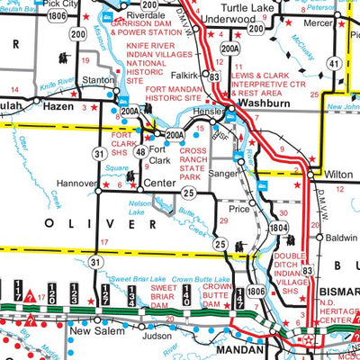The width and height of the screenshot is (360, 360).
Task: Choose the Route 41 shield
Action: pyautogui.click(x=333, y=64)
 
